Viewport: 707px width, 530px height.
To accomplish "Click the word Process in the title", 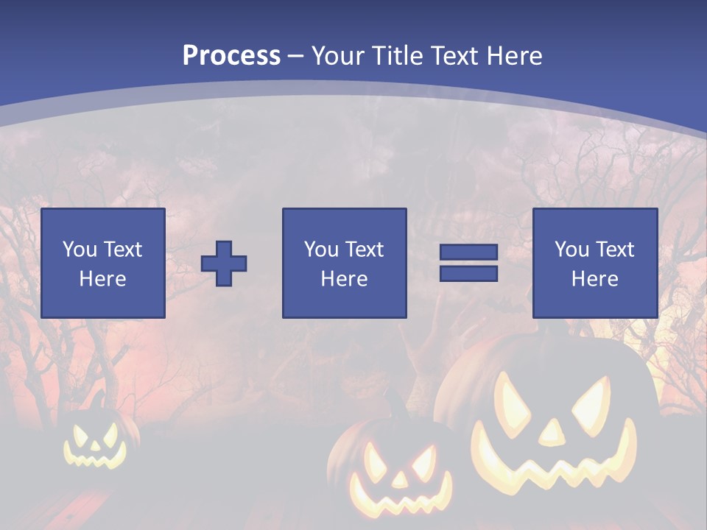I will (231, 56).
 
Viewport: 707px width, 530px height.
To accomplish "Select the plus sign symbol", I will (224, 263).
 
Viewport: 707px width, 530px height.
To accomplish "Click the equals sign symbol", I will (468, 263).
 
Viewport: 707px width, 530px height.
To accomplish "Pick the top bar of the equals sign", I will (468, 252).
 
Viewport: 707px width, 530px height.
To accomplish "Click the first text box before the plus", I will (102, 263).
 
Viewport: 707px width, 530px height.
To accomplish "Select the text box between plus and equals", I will (344, 263).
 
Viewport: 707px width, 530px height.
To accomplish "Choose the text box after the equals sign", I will (594, 263).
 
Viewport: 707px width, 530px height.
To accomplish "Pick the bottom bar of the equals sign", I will (468, 273).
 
